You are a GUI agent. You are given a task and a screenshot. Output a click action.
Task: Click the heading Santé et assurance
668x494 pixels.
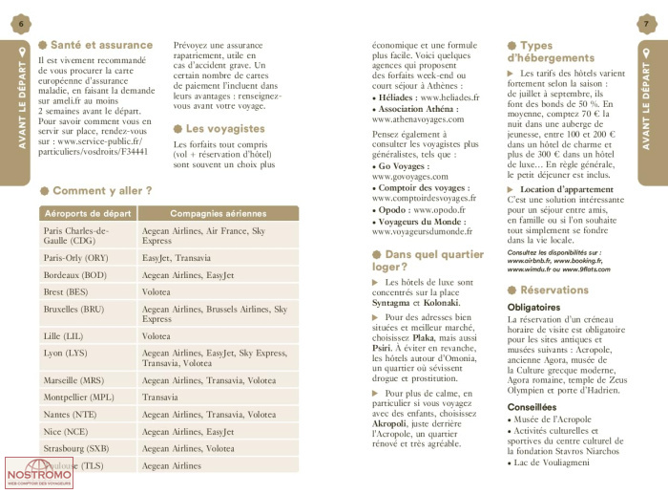click(100, 45)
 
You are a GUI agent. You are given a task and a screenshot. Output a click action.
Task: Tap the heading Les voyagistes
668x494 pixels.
click(224, 128)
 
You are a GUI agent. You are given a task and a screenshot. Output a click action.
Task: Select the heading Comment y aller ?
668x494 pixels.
click(101, 191)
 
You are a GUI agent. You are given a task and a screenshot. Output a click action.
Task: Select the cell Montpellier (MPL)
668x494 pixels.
click(79, 397)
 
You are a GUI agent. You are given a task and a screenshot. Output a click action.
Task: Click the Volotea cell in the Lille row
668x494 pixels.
click(157, 336)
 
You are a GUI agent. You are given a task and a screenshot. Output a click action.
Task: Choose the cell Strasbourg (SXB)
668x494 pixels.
click(76, 448)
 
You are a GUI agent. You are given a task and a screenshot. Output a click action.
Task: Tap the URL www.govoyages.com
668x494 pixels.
click(411, 177)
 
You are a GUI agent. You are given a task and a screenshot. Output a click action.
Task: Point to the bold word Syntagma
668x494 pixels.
click(393, 302)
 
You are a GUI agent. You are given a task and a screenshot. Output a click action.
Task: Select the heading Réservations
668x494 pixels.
click(554, 290)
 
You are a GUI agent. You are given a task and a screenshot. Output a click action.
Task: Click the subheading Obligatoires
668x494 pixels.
click(534, 307)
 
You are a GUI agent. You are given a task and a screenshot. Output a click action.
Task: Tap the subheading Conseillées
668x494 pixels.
click(532, 407)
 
